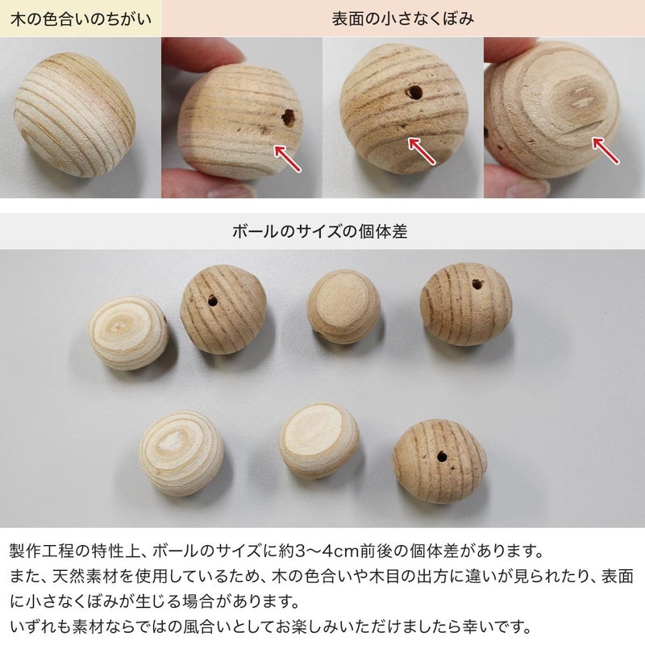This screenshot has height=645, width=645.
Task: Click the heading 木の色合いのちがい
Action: click(81, 19)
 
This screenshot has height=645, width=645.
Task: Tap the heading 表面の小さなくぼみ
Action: click(402, 19)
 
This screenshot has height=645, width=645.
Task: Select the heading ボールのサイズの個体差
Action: click(319, 231)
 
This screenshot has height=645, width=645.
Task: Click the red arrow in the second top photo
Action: click(287, 157)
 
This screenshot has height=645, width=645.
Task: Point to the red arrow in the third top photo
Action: click(421, 151)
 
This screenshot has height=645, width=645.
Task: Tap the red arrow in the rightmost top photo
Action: click(605, 150)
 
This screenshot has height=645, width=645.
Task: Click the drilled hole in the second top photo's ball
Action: click(289, 118)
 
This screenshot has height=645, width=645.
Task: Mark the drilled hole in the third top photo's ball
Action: click(414, 92)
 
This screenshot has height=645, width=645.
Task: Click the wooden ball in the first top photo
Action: click(74, 114)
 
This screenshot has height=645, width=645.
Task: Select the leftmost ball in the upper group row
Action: click(128, 332)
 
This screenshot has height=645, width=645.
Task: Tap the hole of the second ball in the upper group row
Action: click(213, 301)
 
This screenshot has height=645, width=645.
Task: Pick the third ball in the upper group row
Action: click(343, 306)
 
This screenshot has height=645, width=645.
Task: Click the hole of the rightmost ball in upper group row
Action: click(477, 284)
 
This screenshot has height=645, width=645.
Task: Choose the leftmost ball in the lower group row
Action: click(181, 453)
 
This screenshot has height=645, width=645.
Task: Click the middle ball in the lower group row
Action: click(319, 440)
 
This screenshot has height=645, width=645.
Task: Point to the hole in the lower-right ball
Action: click(442, 456)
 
